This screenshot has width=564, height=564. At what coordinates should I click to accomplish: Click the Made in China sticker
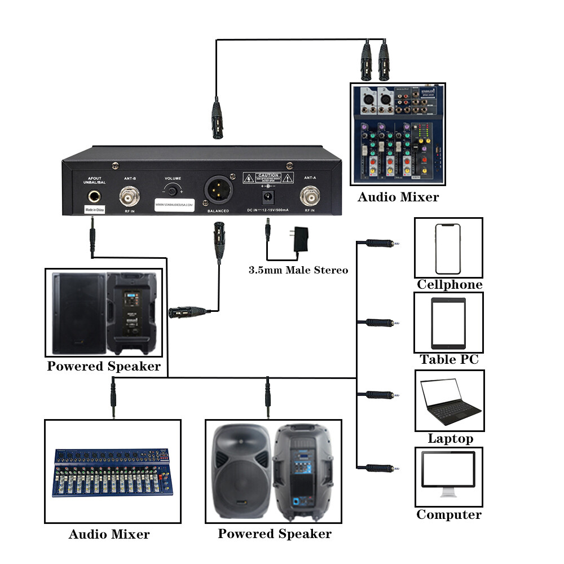click(x=95, y=209)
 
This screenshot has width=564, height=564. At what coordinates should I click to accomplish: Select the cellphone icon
click(x=448, y=248)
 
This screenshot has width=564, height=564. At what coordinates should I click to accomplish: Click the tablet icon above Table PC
click(x=448, y=323)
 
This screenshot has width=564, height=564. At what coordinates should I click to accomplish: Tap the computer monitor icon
click(x=450, y=475)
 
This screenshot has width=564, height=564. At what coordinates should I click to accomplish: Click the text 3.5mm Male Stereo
click(x=298, y=270)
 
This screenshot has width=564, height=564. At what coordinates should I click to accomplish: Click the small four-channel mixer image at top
click(x=397, y=134)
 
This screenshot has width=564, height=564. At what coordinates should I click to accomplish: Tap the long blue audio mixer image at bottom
click(x=112, y=472)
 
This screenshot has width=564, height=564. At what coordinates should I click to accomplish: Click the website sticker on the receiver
click(x=174, y=204)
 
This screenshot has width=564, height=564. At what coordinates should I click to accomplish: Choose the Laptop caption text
click(x=450, y=439)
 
